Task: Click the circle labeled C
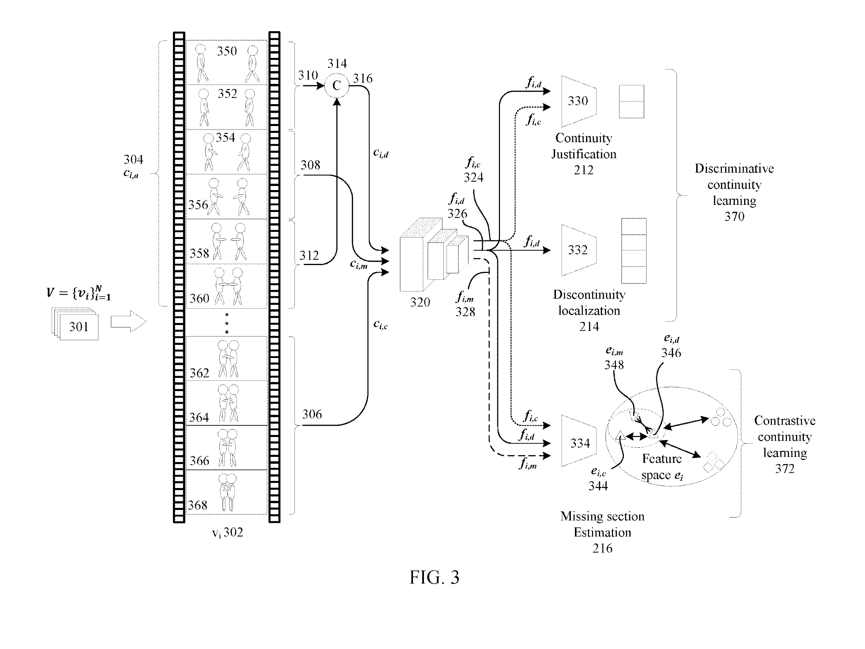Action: [x=336, y=85]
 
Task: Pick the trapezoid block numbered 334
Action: [x=579, y=441]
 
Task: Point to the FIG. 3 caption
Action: [x=435, y=577]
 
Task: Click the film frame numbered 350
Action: [x=226, y=62]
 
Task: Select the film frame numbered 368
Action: [x=226, y=492]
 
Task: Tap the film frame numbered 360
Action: [x=226, y=286]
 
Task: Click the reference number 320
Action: [x=420, y=302]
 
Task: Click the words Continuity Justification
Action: [x=584, y=146]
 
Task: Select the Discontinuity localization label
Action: [x=589, y=302]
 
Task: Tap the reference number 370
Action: [x=735, y=216]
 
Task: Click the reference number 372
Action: [x=785, y=468]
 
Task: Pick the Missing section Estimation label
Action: [x=602, y=524]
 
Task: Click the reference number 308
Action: [x=310, y=165]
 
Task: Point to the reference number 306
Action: [x=312, y=414]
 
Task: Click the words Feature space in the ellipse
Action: [x=662, y=467]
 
